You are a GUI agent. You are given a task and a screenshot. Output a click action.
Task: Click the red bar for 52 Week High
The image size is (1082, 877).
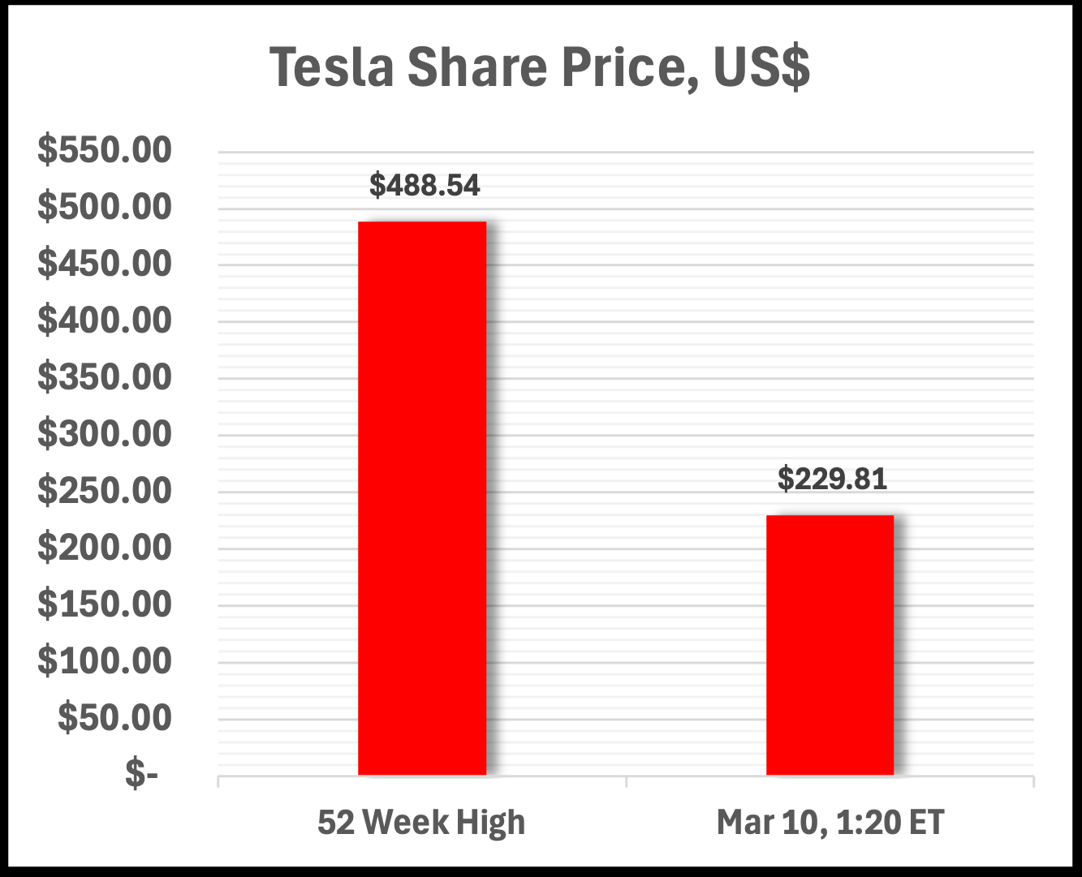[x=422, y=498]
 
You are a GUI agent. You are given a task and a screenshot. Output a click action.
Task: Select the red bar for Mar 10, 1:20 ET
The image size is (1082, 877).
[x=830, y=645]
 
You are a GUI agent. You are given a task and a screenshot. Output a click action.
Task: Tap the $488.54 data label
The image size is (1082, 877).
[x=425, y=186]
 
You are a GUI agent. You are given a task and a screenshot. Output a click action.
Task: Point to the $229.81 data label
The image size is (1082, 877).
[x=832, y=479]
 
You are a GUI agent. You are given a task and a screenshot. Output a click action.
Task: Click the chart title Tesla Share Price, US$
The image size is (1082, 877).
[x=540, y=67]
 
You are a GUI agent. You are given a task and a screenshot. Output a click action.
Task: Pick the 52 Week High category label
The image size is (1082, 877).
[x=421, y=823]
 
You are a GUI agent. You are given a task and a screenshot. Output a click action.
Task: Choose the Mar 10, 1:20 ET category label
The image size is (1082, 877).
[x=830, y=823]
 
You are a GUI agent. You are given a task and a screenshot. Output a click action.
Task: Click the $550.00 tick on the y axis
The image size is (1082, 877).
[x=105, y=151]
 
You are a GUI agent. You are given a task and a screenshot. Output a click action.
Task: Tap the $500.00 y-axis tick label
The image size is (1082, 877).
[x=105, y=208]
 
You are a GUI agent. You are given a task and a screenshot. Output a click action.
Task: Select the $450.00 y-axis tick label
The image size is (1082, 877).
[x=105, y=264]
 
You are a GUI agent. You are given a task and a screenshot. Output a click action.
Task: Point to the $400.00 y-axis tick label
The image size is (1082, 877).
[x=105, y=321]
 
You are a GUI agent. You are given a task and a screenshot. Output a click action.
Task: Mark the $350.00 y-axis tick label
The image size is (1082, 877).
[x=105, y=378]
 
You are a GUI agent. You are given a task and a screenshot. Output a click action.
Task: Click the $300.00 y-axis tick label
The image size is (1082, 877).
[x=105, y=435]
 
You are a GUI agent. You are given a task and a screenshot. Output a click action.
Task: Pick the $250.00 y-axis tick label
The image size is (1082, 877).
[x=105, y=492]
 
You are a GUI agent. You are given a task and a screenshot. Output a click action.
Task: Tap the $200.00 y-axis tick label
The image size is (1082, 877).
[x=105, y=548]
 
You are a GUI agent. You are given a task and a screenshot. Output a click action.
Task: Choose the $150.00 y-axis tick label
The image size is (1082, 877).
[x=105, y=605]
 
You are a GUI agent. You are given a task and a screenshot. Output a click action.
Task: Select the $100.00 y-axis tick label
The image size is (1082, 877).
[x=105, y=662]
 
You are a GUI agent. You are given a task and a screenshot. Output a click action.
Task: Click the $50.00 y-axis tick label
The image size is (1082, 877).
[x=114, y=719]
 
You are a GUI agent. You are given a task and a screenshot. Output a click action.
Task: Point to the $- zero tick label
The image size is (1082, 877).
[x=141, y=776]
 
